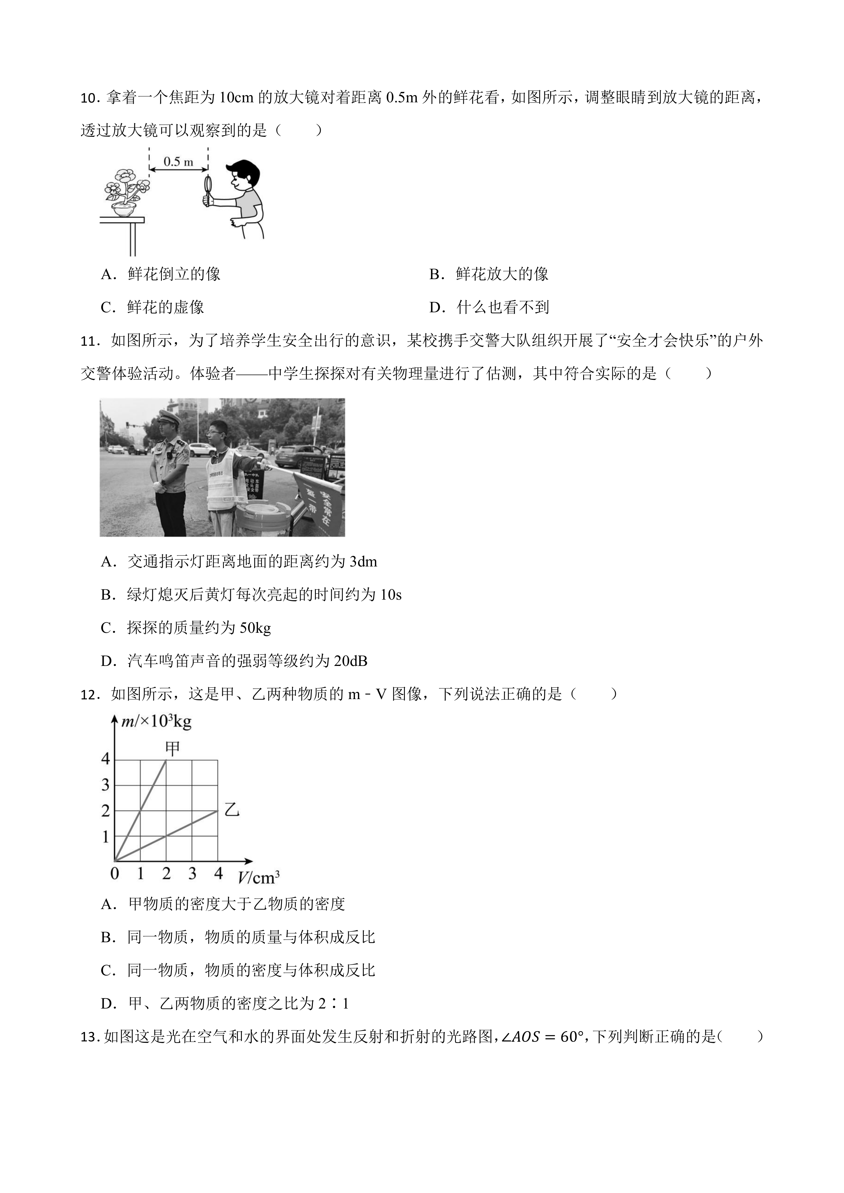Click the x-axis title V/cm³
(x=258, y=878)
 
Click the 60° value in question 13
(x=565, y=1037)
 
